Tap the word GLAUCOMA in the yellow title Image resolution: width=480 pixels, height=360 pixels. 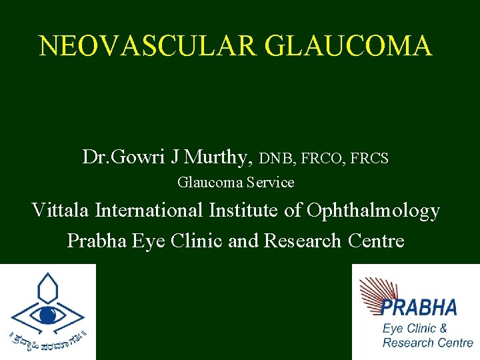pos(348,45)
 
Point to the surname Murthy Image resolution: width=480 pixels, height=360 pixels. pos(217,158)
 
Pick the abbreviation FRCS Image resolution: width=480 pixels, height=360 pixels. pos(368,159)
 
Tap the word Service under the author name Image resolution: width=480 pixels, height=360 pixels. pos(271,182)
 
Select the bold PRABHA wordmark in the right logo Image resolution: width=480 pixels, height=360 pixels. pos(419,307)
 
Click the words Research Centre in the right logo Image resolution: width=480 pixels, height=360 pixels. pos(427,343)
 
